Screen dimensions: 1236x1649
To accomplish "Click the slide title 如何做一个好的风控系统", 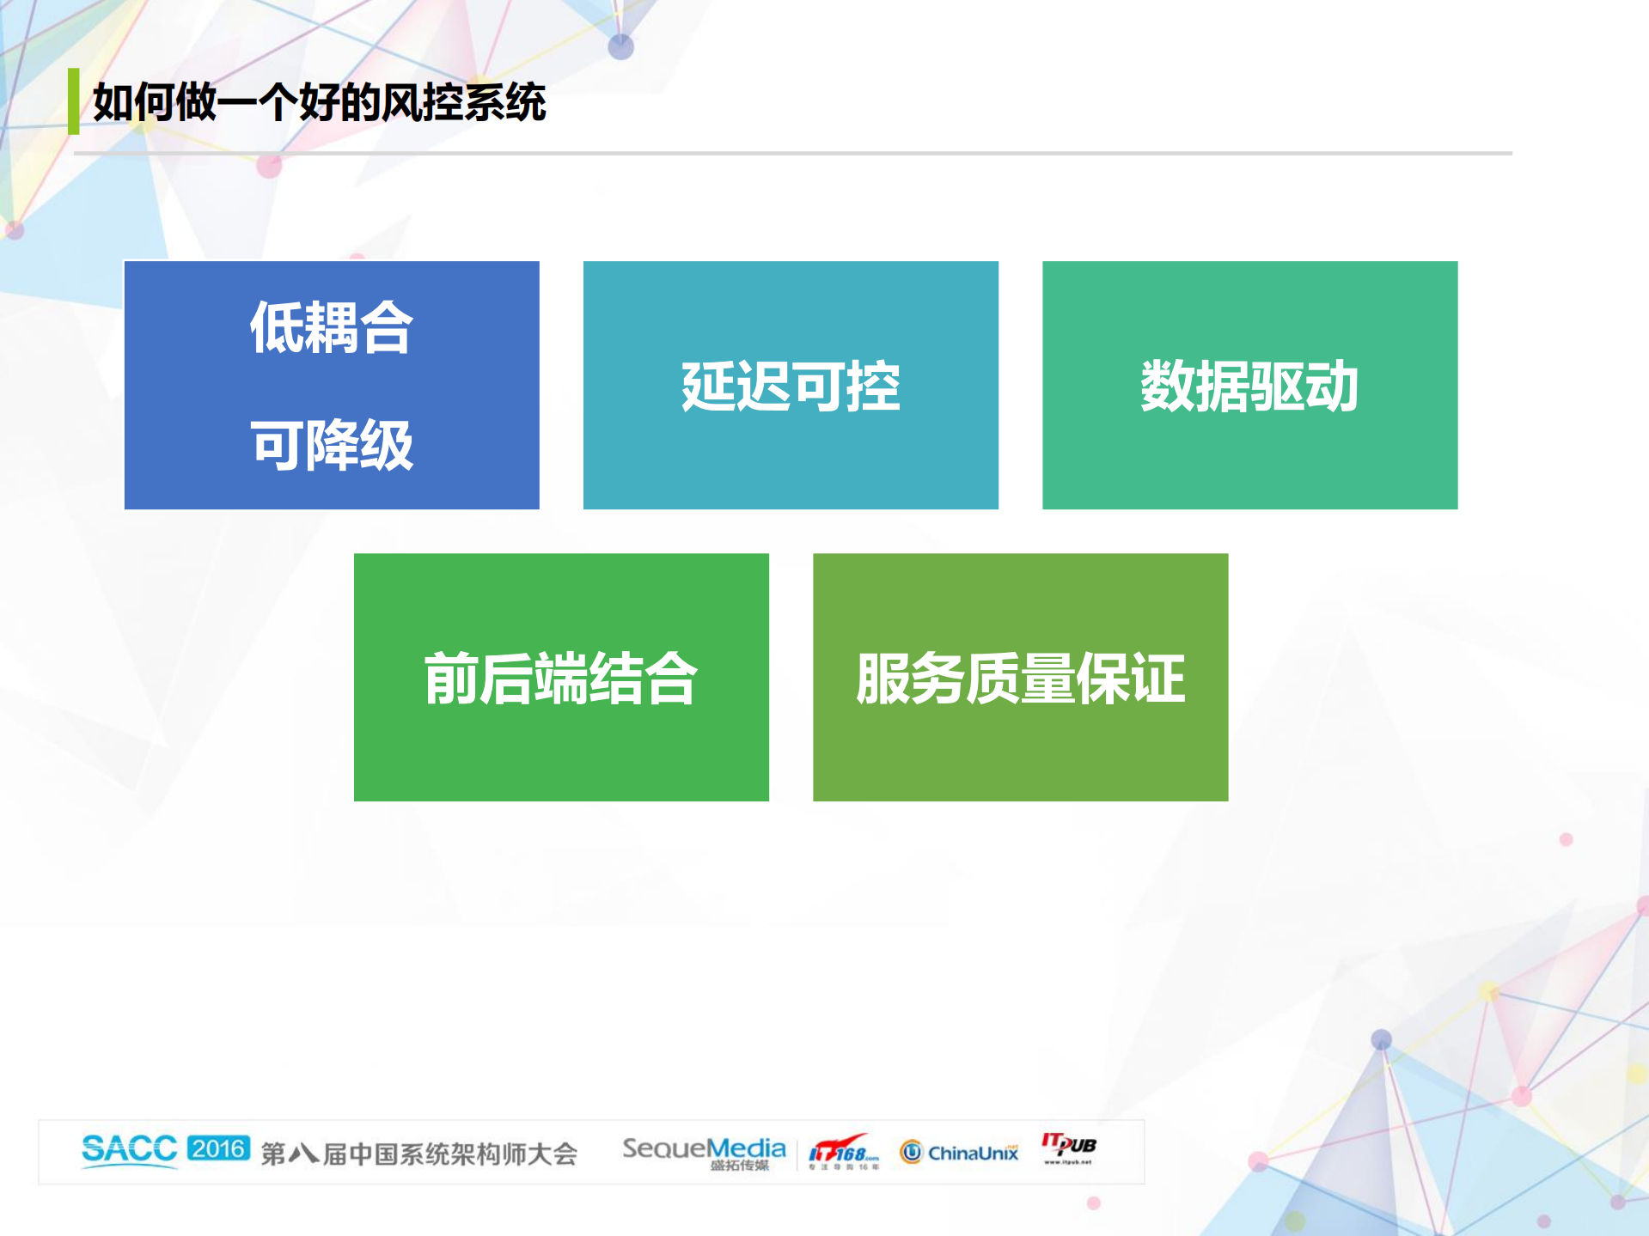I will [x=319, y=103].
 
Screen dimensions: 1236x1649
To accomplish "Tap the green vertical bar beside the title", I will [x=74, y=101].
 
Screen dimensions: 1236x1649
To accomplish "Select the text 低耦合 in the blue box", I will [x=332, y=327].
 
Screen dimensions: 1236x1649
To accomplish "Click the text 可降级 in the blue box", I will [x=332, y=445].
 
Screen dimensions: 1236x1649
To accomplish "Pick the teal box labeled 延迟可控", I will [x=791, y=385].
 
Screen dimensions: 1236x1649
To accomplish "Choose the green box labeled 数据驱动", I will [x=1249, y=385].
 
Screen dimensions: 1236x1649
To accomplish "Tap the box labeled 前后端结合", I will [x=561, y=677].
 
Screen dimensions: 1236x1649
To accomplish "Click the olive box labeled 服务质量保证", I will [x=1020, y=677].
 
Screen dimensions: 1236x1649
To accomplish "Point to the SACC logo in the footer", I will [x=129, y=1150].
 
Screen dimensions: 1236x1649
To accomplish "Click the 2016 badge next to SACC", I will [x=218, y=1148].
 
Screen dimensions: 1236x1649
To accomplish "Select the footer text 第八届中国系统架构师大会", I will [x=418, y=1153].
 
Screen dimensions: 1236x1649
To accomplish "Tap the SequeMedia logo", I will [x=704, y=1151].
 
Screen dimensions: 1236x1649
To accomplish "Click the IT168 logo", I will [x=844, y=1151].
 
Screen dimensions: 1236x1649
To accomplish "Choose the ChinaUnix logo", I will [x=959, y=1152].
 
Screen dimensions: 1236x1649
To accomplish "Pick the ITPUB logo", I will [x=1068, y=1147].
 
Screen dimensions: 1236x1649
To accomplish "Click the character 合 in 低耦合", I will [x=386, y=327].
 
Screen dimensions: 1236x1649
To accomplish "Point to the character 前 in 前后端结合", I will [x=452, y=678].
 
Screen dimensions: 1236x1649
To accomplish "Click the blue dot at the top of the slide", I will [x=620, y=46].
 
